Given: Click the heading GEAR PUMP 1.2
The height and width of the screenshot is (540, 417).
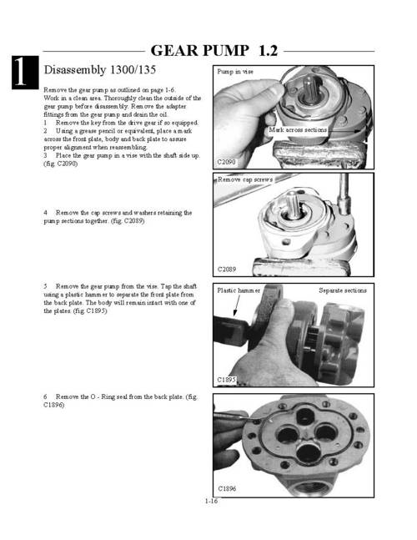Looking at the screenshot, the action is (214, 51).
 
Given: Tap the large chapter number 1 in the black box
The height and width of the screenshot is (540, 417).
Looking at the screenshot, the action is (20, 72).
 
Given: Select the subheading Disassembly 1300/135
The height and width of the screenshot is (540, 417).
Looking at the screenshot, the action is (100, 69).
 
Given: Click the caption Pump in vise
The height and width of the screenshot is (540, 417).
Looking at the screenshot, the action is (235, 72).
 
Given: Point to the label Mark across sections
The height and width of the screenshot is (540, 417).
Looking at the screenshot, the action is (298, 130).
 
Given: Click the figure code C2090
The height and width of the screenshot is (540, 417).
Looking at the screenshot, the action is (226, 162).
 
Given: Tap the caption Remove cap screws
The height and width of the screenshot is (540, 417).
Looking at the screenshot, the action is (245, 179).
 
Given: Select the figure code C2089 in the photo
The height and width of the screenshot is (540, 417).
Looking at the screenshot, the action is (226, 269).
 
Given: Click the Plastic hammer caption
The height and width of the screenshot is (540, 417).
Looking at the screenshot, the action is (239, 290).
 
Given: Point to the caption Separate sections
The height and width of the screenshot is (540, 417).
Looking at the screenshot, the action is (343, 290).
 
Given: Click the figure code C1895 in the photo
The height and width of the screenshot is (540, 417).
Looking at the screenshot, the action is (226, 380).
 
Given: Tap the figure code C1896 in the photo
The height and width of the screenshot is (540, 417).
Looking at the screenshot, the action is (227, 488).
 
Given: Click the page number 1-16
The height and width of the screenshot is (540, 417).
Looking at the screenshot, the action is (211, 501).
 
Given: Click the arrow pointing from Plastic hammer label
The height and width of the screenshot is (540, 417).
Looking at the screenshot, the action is (237, 305).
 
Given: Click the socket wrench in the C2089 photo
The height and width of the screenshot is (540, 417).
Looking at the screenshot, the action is (344, 195).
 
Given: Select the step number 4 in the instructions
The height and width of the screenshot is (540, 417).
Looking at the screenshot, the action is (45, 213).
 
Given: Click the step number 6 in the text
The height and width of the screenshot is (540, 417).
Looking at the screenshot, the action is (45, 396).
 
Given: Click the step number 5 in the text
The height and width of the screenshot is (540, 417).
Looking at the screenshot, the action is (45, 286).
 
